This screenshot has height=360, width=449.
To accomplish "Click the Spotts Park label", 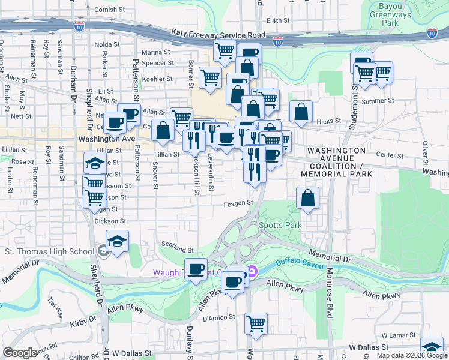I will (x=280, y=226).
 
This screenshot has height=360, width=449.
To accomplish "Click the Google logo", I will (x=20, y=353).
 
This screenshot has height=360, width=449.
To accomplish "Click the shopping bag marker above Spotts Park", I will (x=307, y=199).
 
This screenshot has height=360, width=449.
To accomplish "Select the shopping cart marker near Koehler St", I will (x=210, y=78).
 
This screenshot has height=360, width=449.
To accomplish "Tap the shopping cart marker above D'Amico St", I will (x=256, y=324).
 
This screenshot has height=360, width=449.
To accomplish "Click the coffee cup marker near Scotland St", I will (x=196, y=269).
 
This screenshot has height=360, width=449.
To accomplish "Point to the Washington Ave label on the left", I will (x=107, y=138).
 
